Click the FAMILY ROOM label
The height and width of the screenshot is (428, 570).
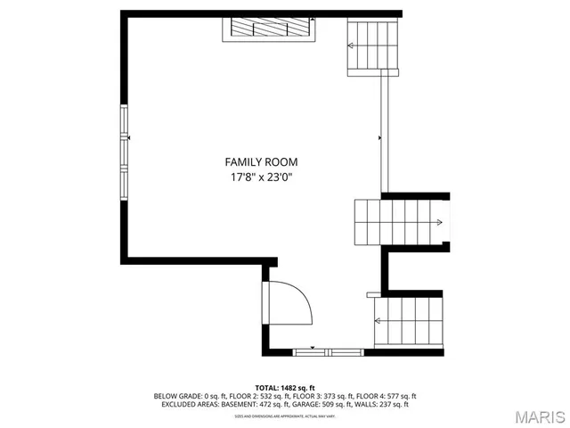tap(260, 162)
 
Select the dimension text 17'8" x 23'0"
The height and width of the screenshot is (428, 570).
tap(260, 177)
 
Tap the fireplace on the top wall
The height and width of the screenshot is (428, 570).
tap(268, 29)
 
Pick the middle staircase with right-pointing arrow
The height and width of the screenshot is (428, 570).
tap(401, 222)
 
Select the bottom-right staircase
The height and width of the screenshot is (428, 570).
tap(409, 323)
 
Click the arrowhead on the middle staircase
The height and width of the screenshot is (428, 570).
tap(440, 222)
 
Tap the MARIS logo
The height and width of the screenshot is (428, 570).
tap(538, 416)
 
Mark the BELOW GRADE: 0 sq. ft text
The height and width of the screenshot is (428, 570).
tap(183, 396)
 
